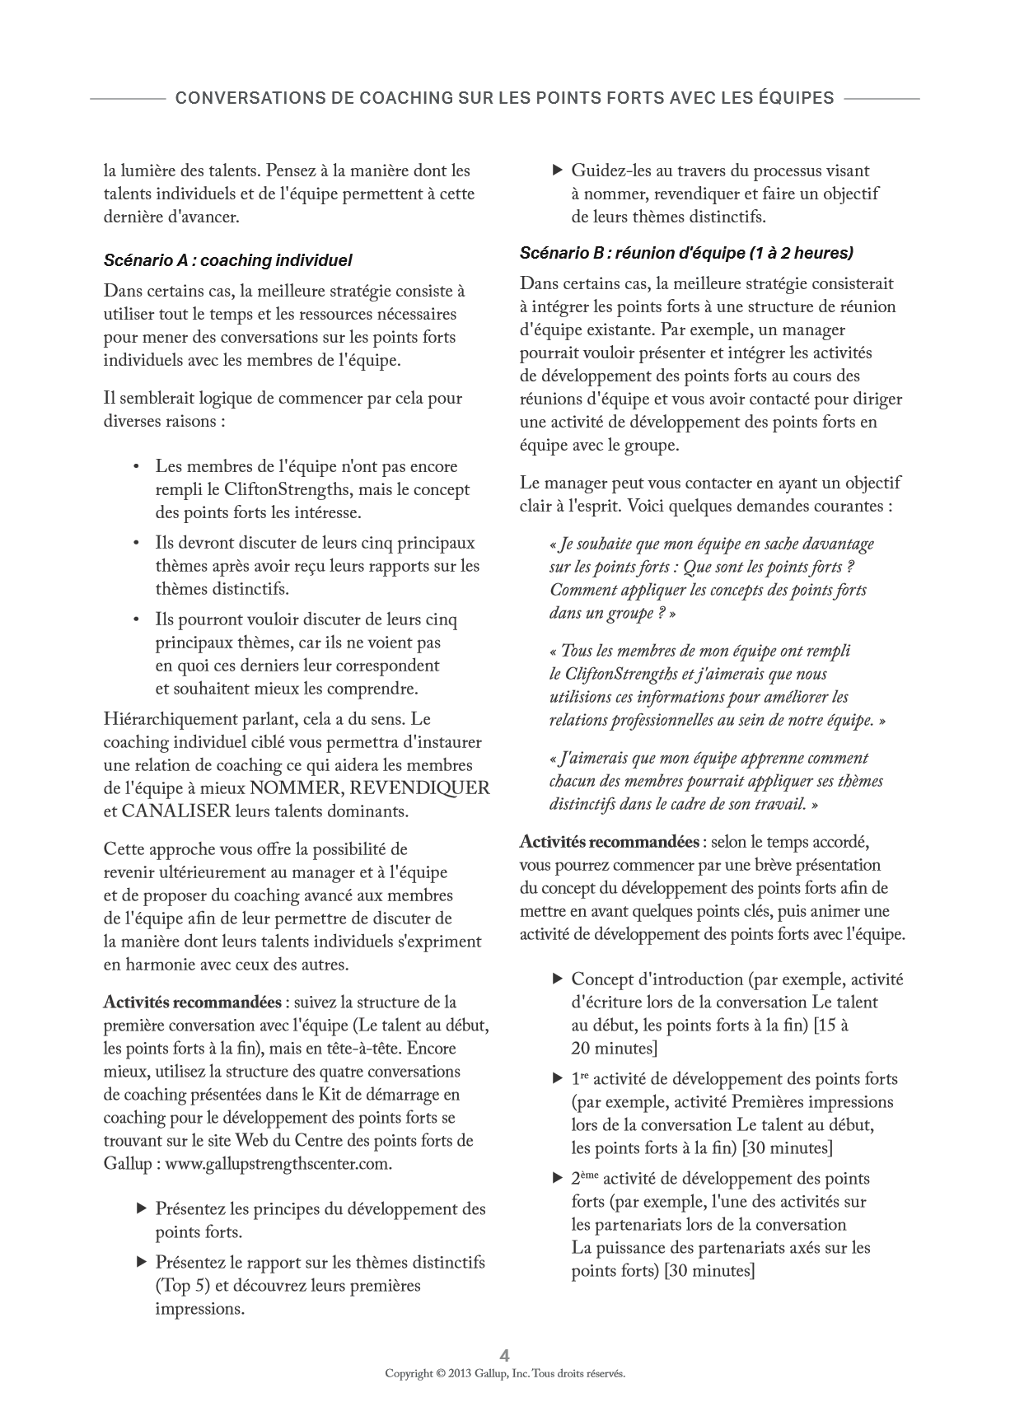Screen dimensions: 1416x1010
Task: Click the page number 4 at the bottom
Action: (x=505, y=1355)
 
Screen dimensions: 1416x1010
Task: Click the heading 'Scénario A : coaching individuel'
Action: (x=227, y=260)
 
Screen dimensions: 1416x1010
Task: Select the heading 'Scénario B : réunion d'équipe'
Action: (x=686, y=253)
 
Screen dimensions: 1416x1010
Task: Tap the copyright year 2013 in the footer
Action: (x=462, y=1373)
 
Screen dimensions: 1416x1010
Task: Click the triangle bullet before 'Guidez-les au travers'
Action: (x=556, y=171)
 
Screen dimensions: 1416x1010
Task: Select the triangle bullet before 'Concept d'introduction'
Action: (x=556, y=979)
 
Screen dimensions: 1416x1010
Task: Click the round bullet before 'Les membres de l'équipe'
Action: (x=137, y=467)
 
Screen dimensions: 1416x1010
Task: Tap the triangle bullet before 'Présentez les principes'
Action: (x=140, y=1208)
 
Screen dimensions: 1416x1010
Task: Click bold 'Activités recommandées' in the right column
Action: (x=609, y=843)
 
